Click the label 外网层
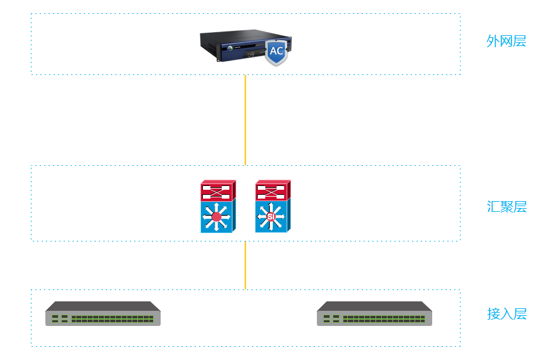[506, 42]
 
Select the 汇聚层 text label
[507, 207]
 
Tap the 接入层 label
[507, 314]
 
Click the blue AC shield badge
[276, 52]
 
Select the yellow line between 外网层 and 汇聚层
[245, 120]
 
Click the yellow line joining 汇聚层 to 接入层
[245, 265]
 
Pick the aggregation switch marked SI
[273, 207]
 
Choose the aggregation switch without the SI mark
[218, 207]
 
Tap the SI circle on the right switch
[272, 218]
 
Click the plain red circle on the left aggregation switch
[217, 218]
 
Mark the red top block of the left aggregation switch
[217, 190]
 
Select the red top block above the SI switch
[272, 190]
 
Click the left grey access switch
[103, 313]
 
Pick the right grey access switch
[374, 313]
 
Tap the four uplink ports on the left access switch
[60, 318]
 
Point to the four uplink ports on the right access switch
[331, 318]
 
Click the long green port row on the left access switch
[112, 318]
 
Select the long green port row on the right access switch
[384, 318]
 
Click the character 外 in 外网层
[493, 42]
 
